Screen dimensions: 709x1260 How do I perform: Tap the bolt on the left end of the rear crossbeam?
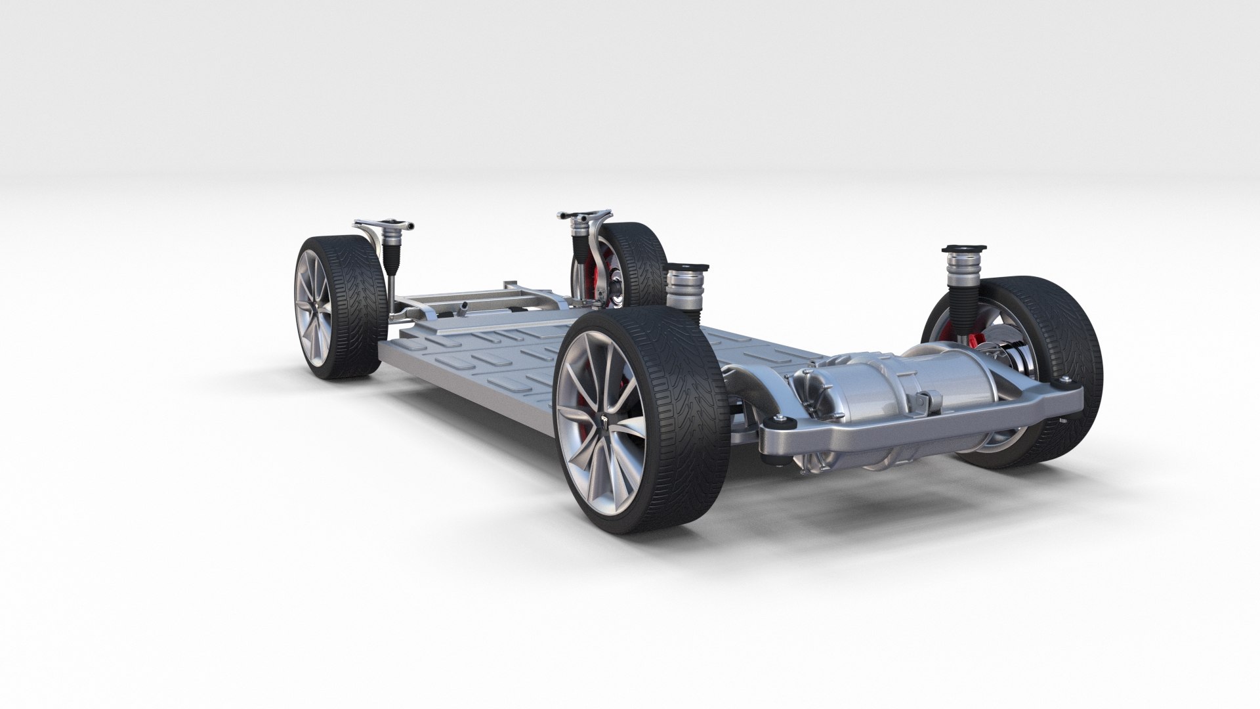(x=779, y=418)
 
